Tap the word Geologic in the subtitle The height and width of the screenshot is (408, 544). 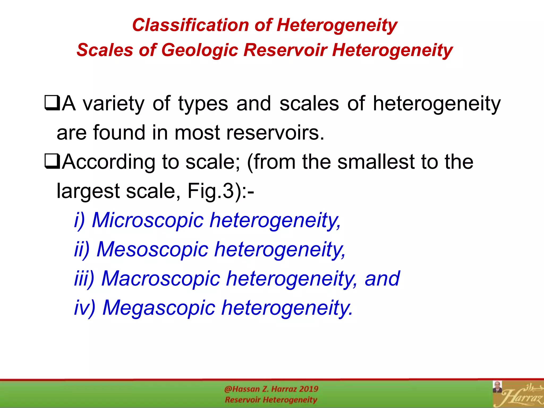199,50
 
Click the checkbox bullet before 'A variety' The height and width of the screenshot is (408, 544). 52,104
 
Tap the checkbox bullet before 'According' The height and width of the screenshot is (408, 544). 52,162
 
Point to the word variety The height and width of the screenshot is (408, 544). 114,104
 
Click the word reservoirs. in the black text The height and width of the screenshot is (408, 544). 275,133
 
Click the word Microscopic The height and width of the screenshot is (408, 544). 148,220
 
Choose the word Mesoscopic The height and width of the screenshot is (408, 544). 152,249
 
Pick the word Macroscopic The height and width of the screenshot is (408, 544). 161,279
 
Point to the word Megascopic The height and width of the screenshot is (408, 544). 159,308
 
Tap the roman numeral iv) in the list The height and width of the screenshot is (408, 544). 85,308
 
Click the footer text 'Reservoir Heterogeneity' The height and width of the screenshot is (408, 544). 271,400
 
